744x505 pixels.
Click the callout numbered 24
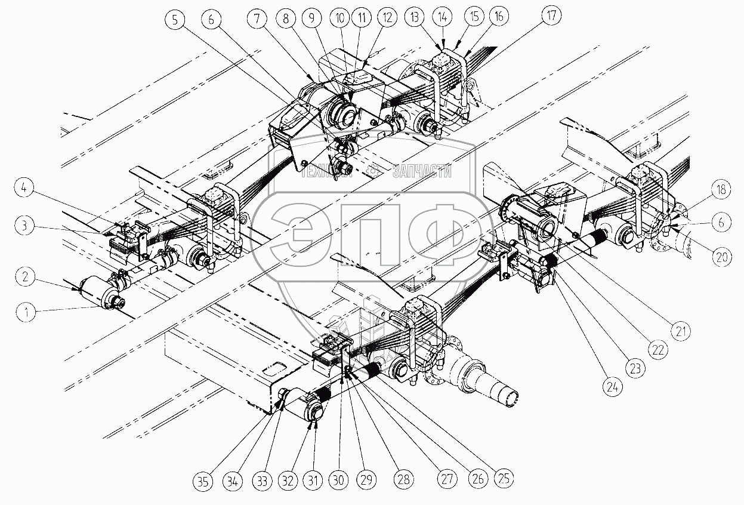tap(610, 387)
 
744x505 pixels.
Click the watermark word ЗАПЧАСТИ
tap(422, 172)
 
